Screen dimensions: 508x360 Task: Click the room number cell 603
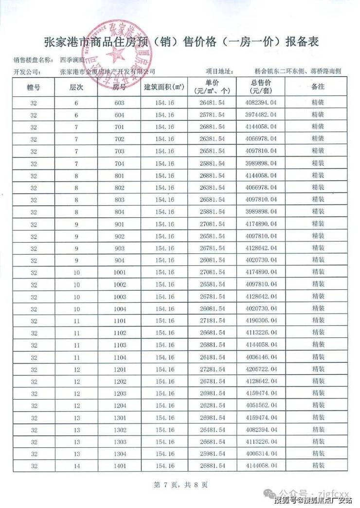(119, 103)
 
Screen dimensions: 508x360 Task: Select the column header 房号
(119, 87)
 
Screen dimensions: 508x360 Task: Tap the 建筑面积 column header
(163, 87)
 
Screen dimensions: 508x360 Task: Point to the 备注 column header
(318, 87)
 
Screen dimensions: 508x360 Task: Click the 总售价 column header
(261, 87)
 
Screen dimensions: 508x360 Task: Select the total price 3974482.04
(261, 115)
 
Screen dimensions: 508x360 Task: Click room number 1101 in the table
(119, 320)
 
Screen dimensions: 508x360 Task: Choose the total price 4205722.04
(261, 369)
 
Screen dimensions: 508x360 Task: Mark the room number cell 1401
(119, 466)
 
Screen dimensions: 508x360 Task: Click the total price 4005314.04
(261, 454)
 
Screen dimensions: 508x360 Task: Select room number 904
(119, 260)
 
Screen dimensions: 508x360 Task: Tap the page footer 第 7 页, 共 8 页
(180, 485)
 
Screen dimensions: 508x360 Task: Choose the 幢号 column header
(33, 87)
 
